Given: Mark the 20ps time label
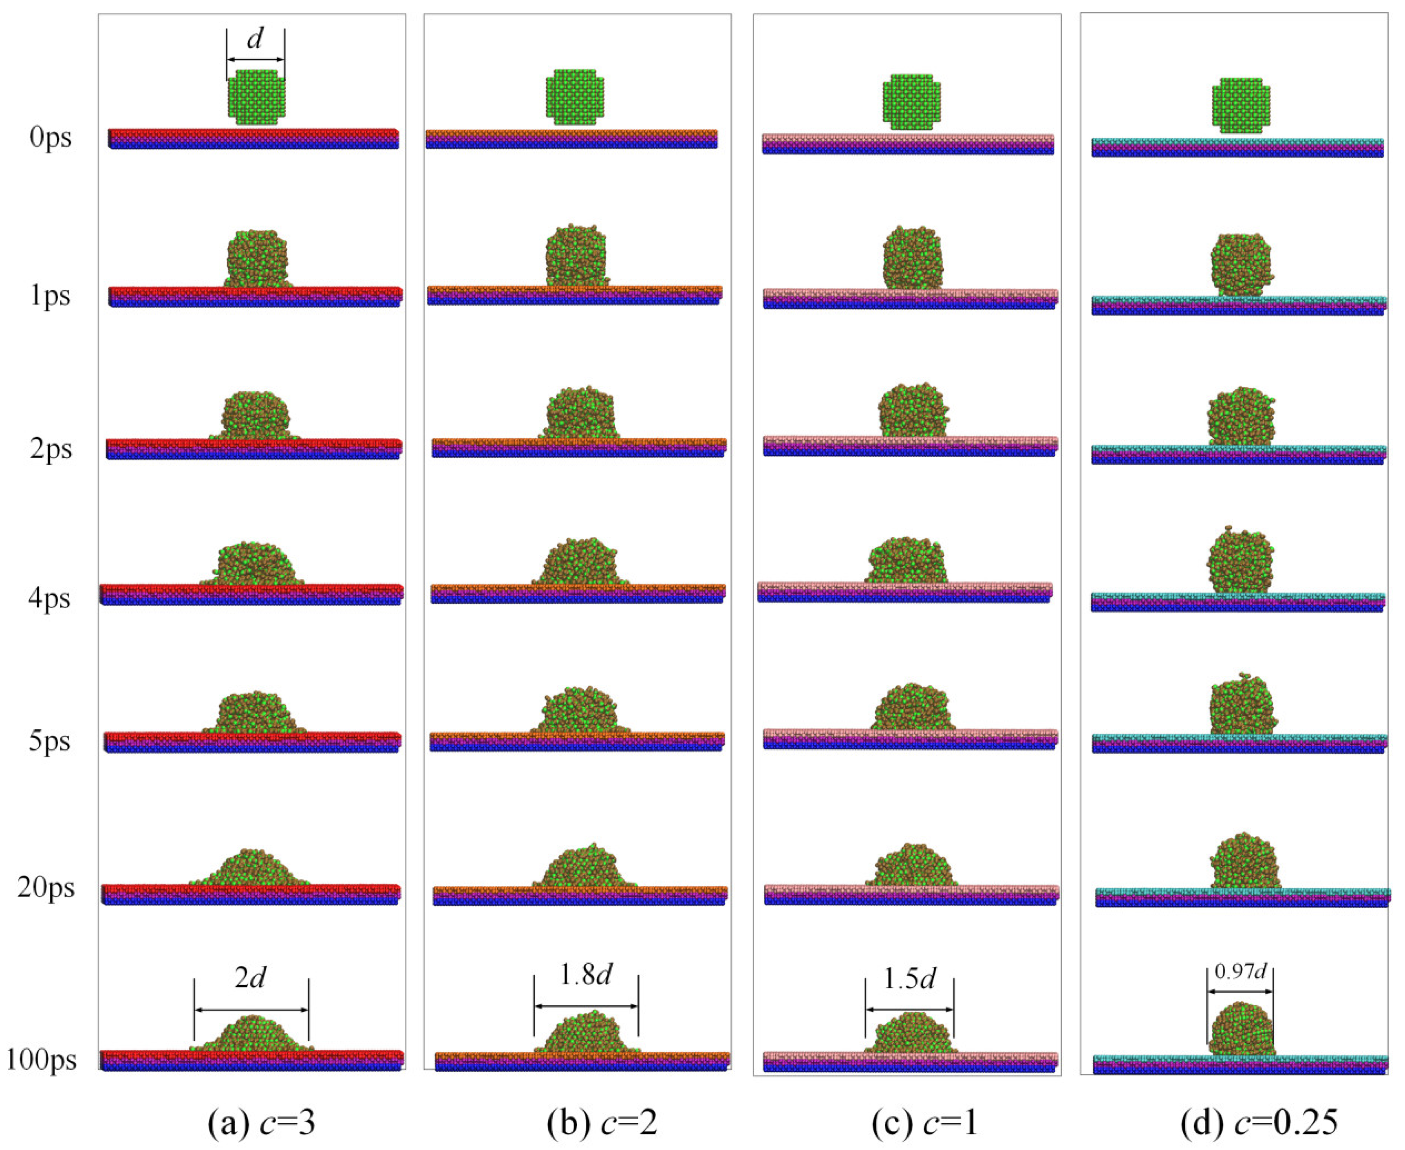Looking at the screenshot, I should coord(46,888).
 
